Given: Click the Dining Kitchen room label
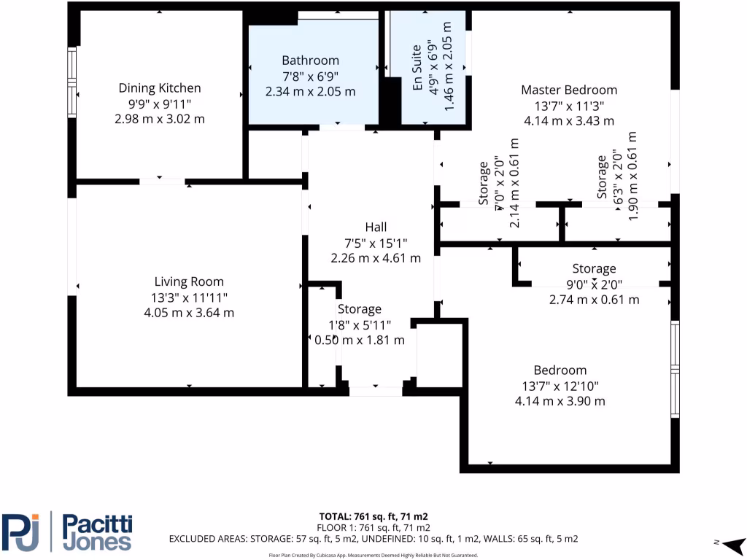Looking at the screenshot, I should point(159,88).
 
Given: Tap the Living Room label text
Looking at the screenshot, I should point(189,281).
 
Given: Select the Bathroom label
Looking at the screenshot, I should point(311,61).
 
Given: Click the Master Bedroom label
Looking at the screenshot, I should point(569,90).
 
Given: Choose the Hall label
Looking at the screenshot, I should point(376,227).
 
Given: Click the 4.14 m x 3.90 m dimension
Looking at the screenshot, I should point(560,401).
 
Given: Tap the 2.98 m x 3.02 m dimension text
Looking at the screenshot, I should point(159,119).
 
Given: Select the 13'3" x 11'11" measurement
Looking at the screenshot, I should point(189,297).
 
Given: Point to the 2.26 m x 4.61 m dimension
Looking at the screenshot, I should point(376,258).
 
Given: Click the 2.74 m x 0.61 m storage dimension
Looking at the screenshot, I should point(594,300).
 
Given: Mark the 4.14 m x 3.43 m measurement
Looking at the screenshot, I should point(569,121).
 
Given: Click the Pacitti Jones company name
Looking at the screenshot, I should point(96,532).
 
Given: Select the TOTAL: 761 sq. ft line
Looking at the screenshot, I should point(373,516).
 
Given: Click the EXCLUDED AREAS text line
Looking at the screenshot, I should point(373,539).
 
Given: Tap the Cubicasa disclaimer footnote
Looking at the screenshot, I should point(373,555).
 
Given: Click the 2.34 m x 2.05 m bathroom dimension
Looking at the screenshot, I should point(311,92).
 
